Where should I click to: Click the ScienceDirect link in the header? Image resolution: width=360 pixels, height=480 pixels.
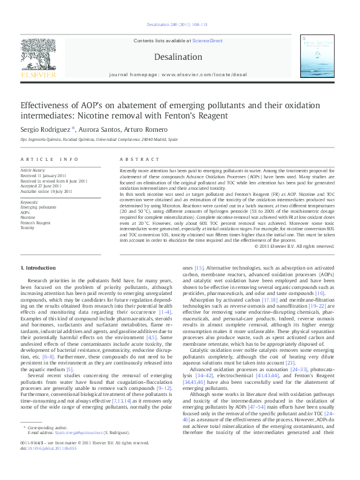[208, 41]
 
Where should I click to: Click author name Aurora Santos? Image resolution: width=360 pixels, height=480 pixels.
[98, 129]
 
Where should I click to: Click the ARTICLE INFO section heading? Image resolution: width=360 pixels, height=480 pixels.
[49, 159]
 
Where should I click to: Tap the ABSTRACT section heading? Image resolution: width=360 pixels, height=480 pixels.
[131, 159]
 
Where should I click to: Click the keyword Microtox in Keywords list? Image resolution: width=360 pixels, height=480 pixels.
[27, 228]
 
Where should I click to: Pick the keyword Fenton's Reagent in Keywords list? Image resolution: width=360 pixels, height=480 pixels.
[35, 223]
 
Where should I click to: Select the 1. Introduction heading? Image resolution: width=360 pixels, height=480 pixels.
[39, 268]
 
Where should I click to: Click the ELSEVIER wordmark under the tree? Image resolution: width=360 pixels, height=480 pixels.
[38, 75]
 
